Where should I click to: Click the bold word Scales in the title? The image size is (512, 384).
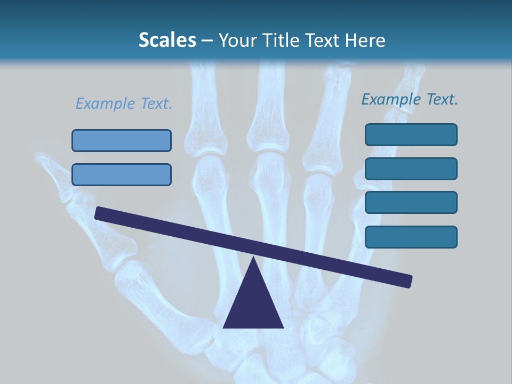(167, 41)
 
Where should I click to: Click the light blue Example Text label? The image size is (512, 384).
(124, 103)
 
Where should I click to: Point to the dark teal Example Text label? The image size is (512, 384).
(410, 99)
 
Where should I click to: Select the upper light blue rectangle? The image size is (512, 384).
(122, 140)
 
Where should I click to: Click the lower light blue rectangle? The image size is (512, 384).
(122, 174)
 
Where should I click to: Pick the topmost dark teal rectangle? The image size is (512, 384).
(411, 134)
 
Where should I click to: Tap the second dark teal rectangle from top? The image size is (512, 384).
(411, 169)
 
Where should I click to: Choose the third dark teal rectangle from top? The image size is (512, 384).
(411, 202)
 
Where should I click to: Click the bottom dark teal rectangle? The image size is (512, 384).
(411, 237)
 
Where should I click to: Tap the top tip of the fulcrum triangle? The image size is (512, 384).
(253, 258)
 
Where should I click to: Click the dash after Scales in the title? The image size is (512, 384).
(207, 41)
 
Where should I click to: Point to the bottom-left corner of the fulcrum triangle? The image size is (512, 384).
(225, 327)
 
